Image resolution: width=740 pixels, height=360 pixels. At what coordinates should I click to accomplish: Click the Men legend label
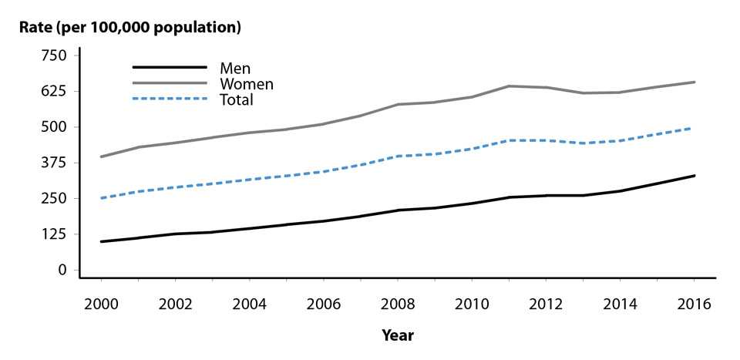pyautogui.click(x=235, y=69)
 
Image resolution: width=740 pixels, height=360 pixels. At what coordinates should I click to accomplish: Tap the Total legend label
pyautogui.click(x=237, y=99)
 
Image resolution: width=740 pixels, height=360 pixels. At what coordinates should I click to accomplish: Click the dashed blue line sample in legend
pyautogui.click(x=170, y=99)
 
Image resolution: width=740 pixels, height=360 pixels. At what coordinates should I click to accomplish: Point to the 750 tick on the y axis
pyautogui.click(x=55, y=56)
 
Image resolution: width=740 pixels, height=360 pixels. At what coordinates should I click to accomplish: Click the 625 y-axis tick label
pyautogui.click(x=55, y=91)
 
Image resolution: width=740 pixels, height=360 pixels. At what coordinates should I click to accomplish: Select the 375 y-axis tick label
pyautogui.click(x=55, y=163)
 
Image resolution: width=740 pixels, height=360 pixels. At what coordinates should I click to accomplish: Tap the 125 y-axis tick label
pyautogui.click(x=55, y=234)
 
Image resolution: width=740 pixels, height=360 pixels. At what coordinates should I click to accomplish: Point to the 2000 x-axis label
pyautogui.click(x=100, y=304)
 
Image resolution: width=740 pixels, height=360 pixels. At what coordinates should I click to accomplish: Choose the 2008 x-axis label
pyautogui.click(x=398, y=304)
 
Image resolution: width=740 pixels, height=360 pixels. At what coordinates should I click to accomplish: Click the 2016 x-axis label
pyautogui.click(x=695, y=304)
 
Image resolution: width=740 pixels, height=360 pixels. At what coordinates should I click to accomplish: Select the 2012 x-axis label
pyautogui.click(x=546, y=304)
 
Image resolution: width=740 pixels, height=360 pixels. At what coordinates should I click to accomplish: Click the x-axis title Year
pyautogui.click(x=398, y=335)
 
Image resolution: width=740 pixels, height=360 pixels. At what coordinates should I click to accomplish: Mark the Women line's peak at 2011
pyautogui.click(x=509, y=86)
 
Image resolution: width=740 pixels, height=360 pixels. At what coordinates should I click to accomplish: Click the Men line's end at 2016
pyautogui.click(x=695, y=176)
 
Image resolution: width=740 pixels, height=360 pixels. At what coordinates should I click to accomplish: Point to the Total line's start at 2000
pyautogui.click(x=101, y=198)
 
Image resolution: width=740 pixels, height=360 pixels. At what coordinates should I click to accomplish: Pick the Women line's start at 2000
pyautogui.click(x=101, y=156)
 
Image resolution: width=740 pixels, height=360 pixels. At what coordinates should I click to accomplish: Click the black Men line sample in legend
pyautogui.click(x=170, y=68)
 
